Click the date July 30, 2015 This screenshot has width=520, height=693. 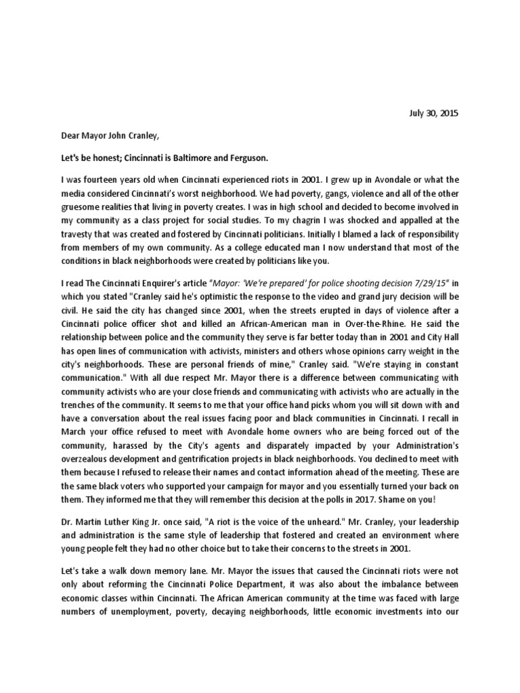coord(434,114)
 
